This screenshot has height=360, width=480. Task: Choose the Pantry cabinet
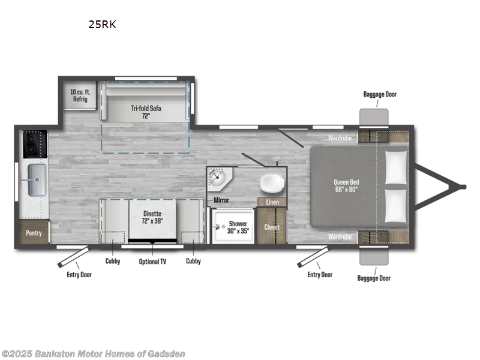(34, 232)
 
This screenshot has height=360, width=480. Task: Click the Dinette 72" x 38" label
(153, 216)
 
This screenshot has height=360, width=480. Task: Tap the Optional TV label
(153, 261)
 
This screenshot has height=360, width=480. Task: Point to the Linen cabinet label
(272, 202)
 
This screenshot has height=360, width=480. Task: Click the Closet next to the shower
(272, 227)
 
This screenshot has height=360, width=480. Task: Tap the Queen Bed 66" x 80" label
(347, 186)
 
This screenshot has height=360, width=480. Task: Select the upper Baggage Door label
(380, 94)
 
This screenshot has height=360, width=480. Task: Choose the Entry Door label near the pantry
(79, 275)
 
